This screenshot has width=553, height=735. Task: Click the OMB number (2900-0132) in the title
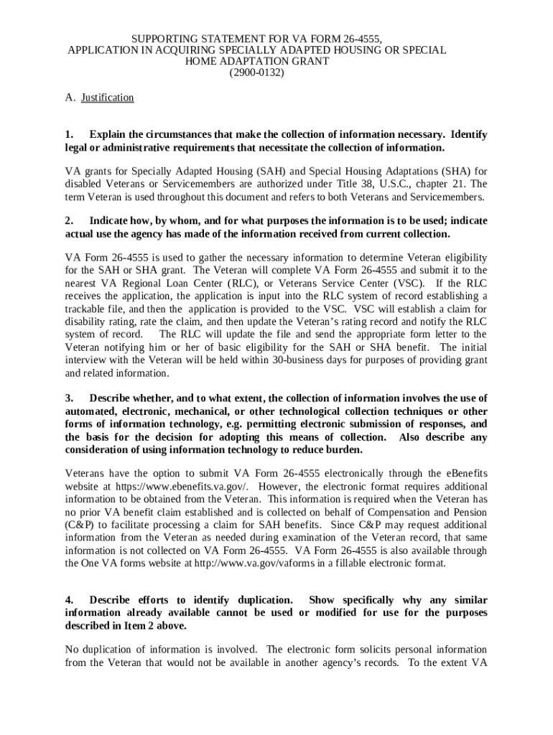(x=256, y=73)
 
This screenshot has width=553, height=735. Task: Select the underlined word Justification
(x=107, y=98)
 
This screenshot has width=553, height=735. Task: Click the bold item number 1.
(x=68, y=135)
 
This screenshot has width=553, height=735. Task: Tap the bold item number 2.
(x=68, y=221)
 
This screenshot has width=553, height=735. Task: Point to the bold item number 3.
(x=68, y=398)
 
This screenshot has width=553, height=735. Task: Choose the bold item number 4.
(x=68, y=600)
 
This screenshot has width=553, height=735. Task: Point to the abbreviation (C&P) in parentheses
(x=77, y=525)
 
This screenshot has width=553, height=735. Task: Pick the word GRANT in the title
(x=309, y=62)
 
